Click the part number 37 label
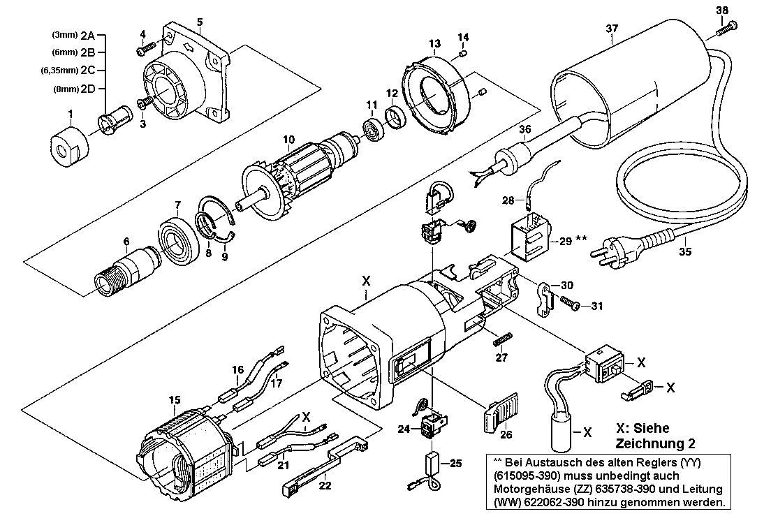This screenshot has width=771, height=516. [x=612, y=29]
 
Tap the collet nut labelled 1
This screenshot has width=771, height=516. [x=69, y=147]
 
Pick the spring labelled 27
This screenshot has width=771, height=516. [x=503, y=339]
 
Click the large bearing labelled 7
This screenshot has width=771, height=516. [x=179, y=238]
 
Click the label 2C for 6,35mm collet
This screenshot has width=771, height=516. [x=87, y=71]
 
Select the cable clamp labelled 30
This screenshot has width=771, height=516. [x=543, y=299]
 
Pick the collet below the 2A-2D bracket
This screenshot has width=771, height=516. [x=115, y=119]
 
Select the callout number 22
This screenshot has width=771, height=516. [x=325, y=485]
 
